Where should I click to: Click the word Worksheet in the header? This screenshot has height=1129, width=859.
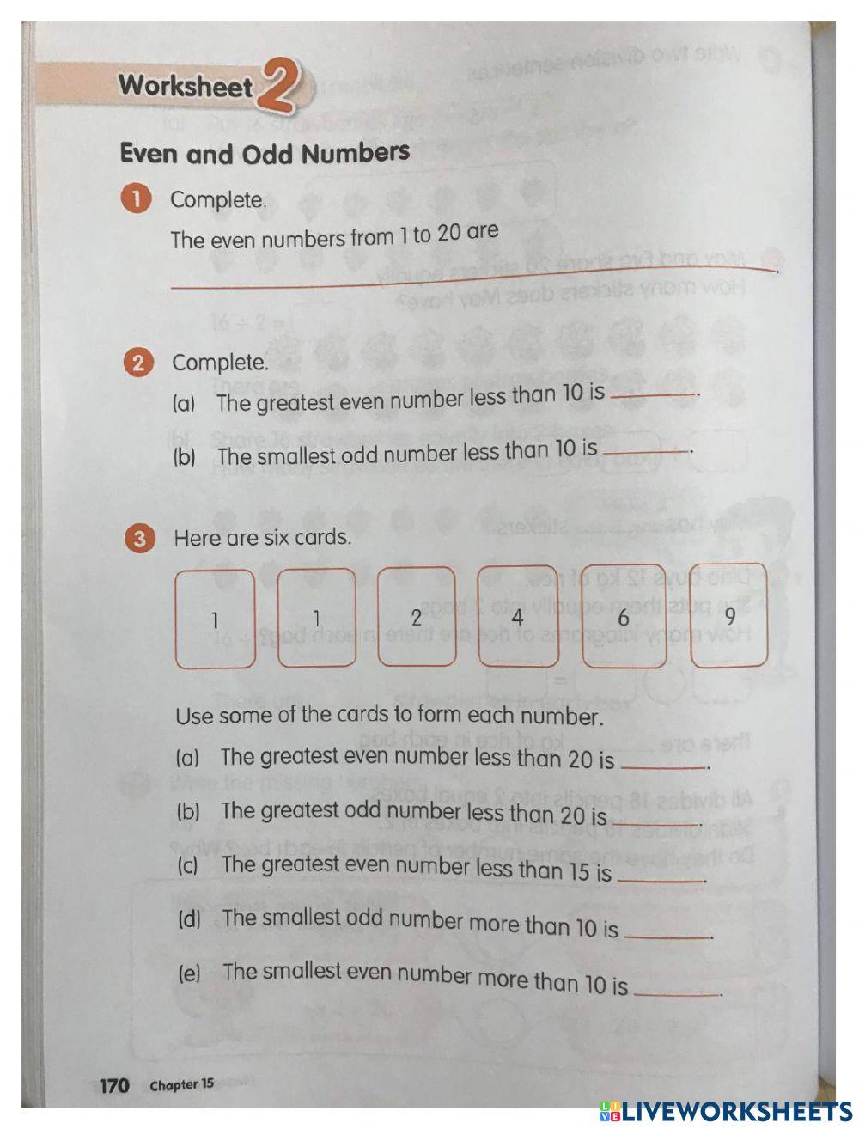tap(185, 86)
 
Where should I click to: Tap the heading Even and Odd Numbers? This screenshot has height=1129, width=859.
tap(265, 154)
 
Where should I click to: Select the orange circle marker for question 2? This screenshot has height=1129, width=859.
tap(137, 363)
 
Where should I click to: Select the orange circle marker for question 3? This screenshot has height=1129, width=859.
tap(139, 540)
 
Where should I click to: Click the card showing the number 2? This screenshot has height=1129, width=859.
tap(417, 617)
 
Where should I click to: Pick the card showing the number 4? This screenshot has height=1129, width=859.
tap(517, 617)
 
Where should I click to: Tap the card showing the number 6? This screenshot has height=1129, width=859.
tap(624, 617)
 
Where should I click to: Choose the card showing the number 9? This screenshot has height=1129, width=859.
tap(729, 617)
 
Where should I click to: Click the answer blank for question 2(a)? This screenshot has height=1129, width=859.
tap(653, 393)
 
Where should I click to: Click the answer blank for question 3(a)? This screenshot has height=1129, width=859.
tap(662, 764)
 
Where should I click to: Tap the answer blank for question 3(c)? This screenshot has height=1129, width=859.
tap(661, 877)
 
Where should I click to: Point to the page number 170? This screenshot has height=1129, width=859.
tap(114, 1085)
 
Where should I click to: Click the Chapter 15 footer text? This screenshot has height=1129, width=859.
tap(182, 1085)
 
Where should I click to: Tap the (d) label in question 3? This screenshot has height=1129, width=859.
tap(189, 919)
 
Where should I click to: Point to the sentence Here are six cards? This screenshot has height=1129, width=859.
tap(262, 539)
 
